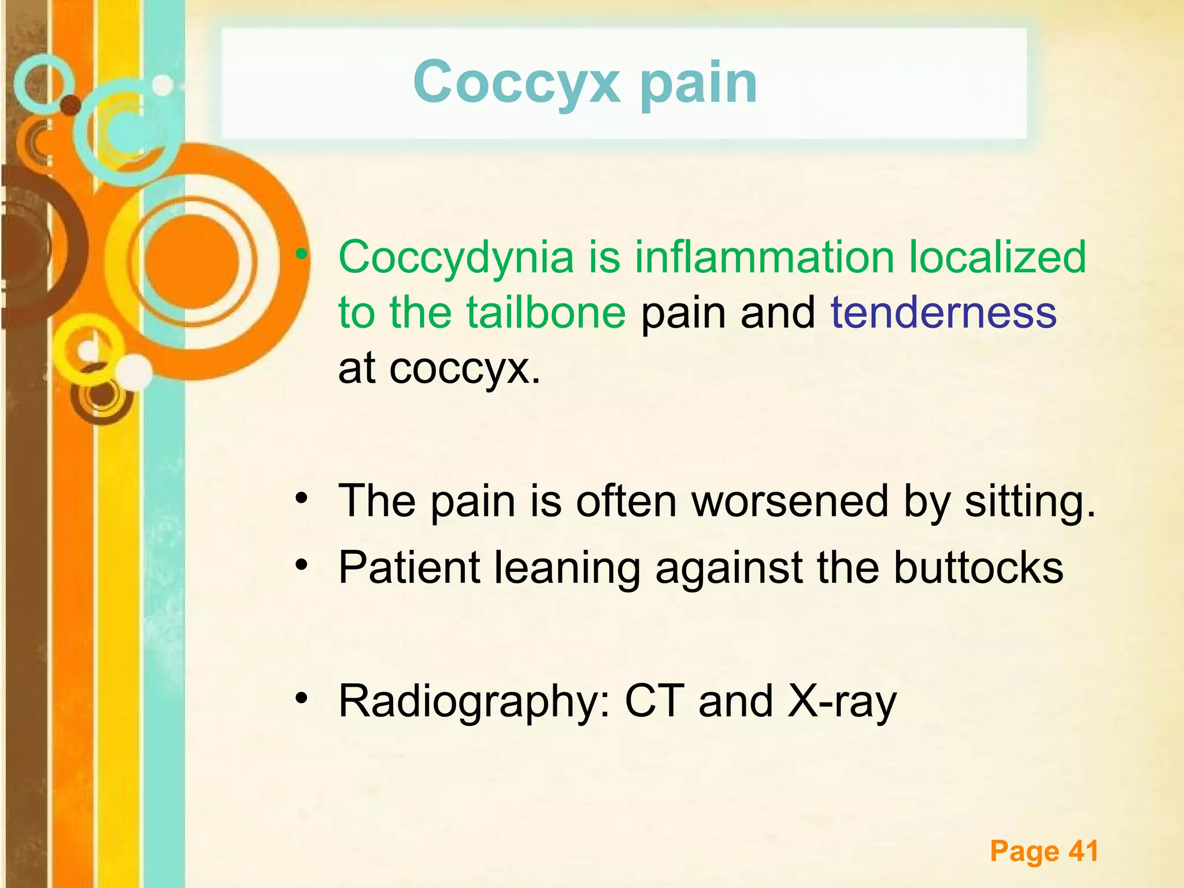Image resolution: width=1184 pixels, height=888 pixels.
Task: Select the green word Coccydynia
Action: tap(456, 257)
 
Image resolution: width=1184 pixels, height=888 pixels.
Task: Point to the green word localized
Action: tap(997, 257)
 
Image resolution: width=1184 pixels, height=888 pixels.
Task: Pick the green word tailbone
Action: tap(546, 312)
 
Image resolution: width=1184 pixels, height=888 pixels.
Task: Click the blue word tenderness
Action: tap(943, 312)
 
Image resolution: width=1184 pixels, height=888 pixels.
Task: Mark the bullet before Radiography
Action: tap(301, 699)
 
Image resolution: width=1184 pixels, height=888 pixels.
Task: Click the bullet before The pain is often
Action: tap(301, 498)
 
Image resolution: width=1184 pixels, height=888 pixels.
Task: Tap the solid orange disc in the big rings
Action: tap(191, 261)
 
